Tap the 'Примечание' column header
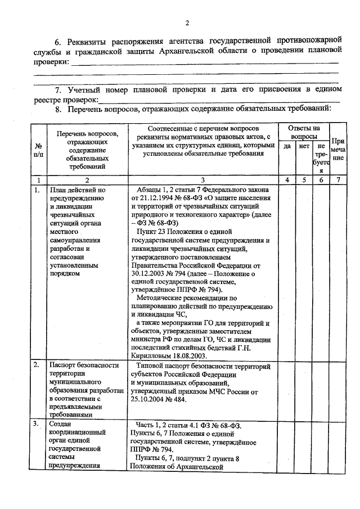(338, 150)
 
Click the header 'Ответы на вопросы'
(304, 132)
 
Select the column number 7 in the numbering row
(338, 181)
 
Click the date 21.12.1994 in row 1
(155, 199)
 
